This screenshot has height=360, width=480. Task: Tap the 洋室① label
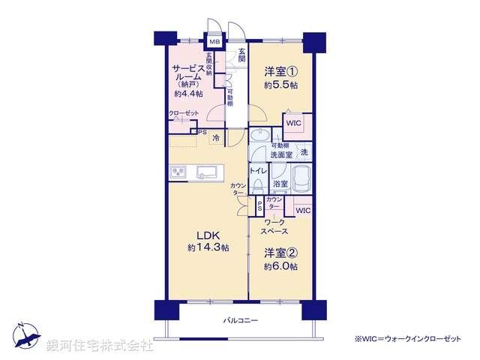tap(280, 72)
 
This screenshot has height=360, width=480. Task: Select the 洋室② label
tap(280, 253)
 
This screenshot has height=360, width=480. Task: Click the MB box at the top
tap(214, 41)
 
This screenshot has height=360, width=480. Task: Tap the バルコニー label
tap(240, 321)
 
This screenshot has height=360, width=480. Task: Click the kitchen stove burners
tap(178, 172)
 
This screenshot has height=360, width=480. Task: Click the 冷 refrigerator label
tap(217, 138)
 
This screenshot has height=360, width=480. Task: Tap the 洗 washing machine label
tap(304, 152)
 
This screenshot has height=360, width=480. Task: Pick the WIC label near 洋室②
tap(302, 211)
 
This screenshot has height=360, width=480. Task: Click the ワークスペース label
tap(274, 227)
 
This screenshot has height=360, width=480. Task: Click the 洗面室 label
tap(281, 154)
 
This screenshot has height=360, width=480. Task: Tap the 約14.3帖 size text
tap(208, 248)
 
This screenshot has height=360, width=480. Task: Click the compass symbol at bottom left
tap(24, 336)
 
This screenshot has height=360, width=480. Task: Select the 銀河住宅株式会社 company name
tap(100, 346)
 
